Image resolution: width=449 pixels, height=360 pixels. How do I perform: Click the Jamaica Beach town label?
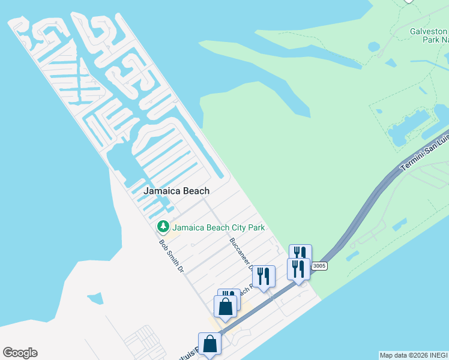pyautogui.click(x=176, y=191)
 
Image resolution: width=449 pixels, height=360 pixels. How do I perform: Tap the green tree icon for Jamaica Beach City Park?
pyautogui.click(x=162, y=227)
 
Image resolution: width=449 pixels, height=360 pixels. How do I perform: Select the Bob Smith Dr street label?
pyautogui.click(x=170, y=257)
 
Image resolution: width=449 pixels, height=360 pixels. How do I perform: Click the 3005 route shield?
pyautogui.click(x=319, y=266)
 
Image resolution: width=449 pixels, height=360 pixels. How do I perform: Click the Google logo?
pyautogui.click(x=20, y=352)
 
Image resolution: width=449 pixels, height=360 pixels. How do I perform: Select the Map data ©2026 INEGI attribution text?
pyautogui.click(x=413, y=355)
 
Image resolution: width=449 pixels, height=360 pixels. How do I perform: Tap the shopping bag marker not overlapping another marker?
pyautogui.click(x=209, y=344)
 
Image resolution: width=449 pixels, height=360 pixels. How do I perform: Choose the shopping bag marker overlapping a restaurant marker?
pyautogui.click(x=225, y=307)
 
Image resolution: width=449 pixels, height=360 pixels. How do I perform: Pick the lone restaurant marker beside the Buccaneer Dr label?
pyautogui.click(x=263, y=277)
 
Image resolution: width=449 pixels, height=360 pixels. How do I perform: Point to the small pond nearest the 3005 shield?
pyautogui.click(x=352, y=255)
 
